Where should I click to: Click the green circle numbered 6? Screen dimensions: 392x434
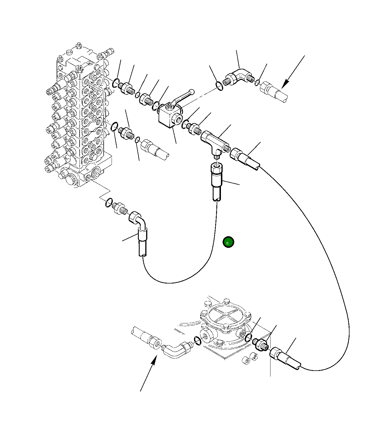click(x=228, y=242)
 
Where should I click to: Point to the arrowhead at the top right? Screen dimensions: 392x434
click(x=286, y=83)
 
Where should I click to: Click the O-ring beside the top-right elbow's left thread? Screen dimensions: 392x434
click(x=219, y=86)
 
